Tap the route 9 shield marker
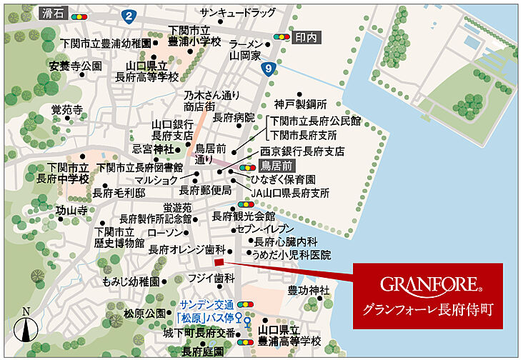point(267,69)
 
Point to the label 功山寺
point(71,211)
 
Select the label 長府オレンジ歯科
point(186,250)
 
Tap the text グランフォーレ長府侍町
point(428,309)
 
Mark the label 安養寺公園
point(76,66)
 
